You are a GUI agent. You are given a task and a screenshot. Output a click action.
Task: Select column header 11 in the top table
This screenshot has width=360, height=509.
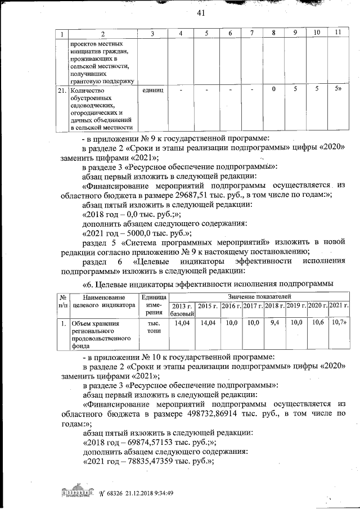click(x=337, y=34)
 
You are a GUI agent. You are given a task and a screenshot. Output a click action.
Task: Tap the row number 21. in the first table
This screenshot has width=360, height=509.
click(x=63, y=89)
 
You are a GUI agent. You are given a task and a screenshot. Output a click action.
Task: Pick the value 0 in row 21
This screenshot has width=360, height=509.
click(x=273, y=89)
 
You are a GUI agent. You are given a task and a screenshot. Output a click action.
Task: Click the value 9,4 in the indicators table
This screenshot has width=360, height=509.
click(x=274, y=323)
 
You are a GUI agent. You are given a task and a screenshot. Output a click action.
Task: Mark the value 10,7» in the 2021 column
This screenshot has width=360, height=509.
click(x=339, y=323)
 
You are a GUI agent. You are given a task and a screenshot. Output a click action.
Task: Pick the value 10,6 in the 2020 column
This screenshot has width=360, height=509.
click(x=317, y=323)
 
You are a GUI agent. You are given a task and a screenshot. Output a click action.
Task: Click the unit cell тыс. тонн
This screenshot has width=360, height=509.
click(x=154, y=327)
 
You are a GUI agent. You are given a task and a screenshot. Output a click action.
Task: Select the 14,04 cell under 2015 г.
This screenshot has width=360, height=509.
click(x=208, y=323)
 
